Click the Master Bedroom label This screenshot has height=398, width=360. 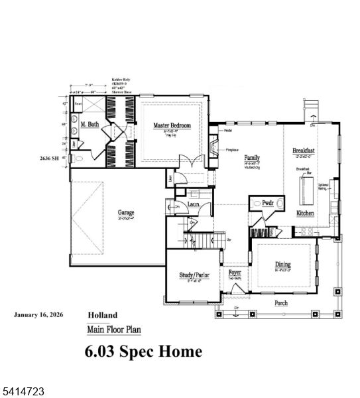[172, 125]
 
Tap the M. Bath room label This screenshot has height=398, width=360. [90, 125]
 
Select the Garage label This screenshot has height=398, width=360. [127, 214]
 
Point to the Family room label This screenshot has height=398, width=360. [252, 158]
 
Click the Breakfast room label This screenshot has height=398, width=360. [304, 151]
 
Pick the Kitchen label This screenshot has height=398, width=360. [306, 214]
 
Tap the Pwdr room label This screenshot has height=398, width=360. [268, 204]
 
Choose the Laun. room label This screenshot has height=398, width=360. [194, 206]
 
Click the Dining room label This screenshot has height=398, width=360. [283, 265]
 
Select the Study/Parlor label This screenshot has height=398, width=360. [194, 275]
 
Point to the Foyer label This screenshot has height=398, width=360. [235, 273]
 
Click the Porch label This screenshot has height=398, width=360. [282, 303]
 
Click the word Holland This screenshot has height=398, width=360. [102, 315]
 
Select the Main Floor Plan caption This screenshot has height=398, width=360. [114, 330]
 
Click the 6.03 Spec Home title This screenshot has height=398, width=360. [143, 352]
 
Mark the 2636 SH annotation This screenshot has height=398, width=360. [50, 159]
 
